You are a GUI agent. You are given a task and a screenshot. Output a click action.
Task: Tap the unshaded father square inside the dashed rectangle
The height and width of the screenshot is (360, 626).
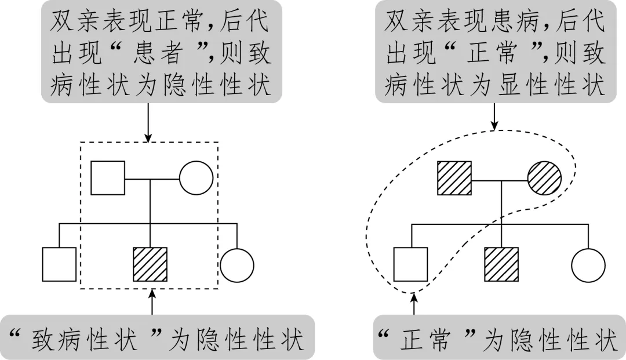pyautogui.click(x=108, y=177)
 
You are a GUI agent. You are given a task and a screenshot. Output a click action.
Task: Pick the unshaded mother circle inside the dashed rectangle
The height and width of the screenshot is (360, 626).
pyautogui.click(x=196, y=177)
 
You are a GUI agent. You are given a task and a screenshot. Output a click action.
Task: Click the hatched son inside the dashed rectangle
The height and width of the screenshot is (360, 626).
pyautogui.click(x=150, y=264)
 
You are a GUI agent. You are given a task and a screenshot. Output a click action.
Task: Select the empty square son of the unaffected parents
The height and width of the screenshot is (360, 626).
pyautogui.click(x=59, y=264)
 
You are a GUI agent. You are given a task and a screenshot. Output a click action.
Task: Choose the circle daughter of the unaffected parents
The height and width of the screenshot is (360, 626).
pyautogui.click(x=236, y=264)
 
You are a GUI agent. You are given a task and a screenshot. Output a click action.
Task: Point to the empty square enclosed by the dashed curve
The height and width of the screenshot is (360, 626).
pyautogui.click(x=410, y=264)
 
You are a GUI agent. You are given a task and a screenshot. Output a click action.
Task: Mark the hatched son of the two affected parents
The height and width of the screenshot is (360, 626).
pyautogui.click(x=501, y=264)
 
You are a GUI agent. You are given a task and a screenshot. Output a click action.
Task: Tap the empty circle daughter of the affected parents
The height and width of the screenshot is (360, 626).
pyautogui.click(x=588, y=264)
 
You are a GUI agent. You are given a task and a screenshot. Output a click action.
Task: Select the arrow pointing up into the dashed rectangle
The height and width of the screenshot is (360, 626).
pyautogui.click(x=152, y=303)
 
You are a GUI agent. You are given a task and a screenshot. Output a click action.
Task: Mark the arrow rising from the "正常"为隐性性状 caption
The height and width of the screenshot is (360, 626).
pyautogui.click(x=414, y=304)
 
